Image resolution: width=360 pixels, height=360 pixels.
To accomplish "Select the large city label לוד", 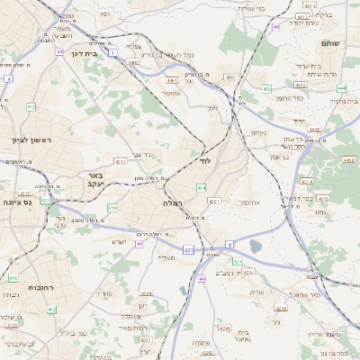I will tap(205, 162).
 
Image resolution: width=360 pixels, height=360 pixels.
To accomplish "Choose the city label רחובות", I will tap(21, 287).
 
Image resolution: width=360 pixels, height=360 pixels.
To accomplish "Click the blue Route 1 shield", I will tap(112, 54).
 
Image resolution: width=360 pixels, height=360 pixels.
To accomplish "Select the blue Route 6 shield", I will tap(229, 244).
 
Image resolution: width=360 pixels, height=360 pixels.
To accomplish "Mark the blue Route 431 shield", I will tap(186, 249).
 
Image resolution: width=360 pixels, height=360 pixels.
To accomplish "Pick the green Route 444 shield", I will tap(342, 88).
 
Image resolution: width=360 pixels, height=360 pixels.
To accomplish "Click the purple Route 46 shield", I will tap(275, 27).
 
